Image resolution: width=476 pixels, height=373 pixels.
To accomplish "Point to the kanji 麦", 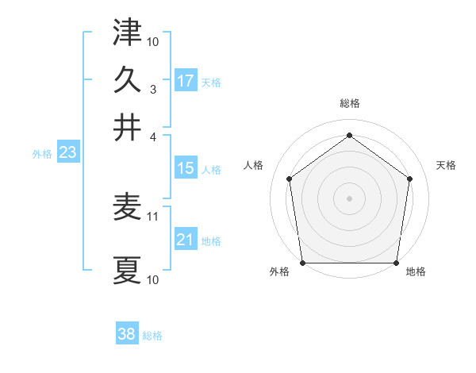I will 127,208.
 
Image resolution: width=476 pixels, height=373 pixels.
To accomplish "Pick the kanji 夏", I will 127,270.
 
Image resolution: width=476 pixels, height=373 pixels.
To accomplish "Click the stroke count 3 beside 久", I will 154,90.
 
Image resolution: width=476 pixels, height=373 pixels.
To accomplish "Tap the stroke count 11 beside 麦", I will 154,216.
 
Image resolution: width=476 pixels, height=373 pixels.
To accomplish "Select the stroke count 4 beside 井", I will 154,137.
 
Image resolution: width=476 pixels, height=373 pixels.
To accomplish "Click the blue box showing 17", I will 186,81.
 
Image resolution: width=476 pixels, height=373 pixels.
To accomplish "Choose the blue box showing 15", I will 186,168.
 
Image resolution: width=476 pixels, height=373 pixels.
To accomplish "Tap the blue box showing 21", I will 186,240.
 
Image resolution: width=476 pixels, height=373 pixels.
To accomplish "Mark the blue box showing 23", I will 67,153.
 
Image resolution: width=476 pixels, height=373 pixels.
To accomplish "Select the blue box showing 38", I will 127,334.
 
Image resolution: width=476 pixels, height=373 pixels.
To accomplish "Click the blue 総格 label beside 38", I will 152,336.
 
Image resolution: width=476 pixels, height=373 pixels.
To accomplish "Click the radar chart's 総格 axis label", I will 350,103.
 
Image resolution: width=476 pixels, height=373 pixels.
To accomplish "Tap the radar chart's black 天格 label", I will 446,165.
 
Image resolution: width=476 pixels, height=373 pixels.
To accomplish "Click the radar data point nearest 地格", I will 396,263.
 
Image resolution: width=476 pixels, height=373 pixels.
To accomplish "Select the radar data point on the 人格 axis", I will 289,179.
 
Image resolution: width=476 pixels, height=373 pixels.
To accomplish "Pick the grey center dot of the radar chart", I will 350,198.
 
